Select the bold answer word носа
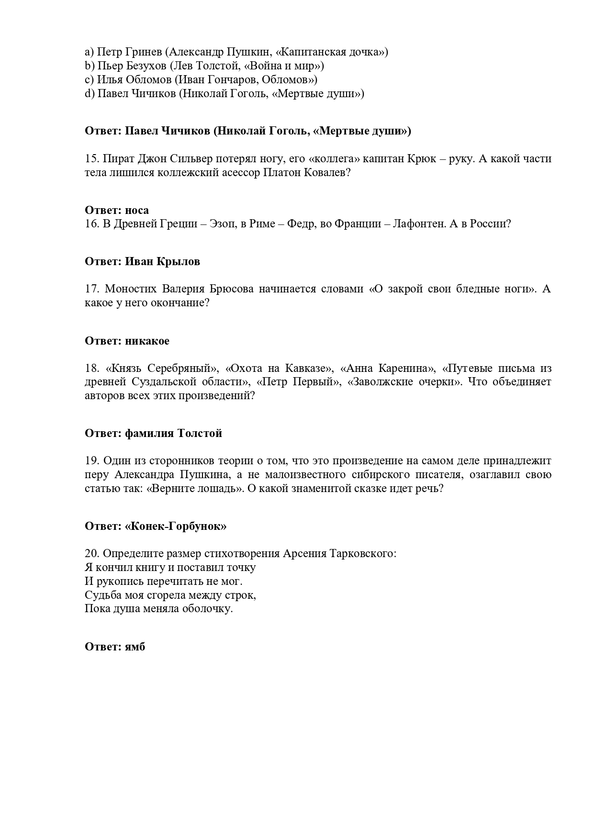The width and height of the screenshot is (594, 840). coord(137,210)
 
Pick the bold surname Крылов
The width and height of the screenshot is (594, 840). coord(181,261)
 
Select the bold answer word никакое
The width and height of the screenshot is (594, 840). coord(147,341)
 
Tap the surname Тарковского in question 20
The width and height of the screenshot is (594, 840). coord(363,554)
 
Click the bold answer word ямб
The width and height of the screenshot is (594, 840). coord(135,647)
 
